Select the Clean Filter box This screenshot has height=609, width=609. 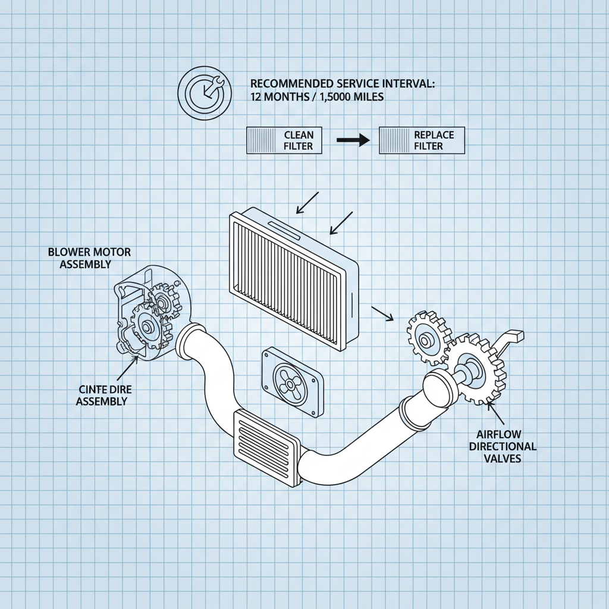pyautogui.click(x=284, y=140)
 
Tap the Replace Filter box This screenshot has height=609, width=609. pyautogui.click(x=422, y=140)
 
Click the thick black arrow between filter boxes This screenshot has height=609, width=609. pyautogui.click(x=353, y=140)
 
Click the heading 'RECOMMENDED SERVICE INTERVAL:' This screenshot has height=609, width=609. pyautogui.click(x=343, y=84)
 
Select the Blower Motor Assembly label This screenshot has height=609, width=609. pyautogui.click(x=89, y=258)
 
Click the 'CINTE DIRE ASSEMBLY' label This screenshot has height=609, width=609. pyautogui.click(x=103, y=395)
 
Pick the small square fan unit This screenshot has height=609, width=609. pyautogui.click(x=293, y=382)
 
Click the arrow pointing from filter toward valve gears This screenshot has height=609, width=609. pyautogui.click(x=382, y=313)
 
